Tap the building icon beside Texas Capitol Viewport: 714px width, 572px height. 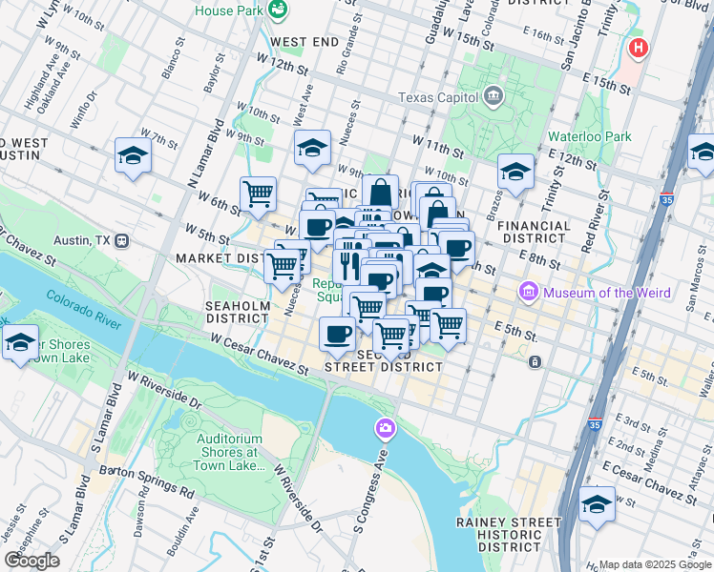point(493,94)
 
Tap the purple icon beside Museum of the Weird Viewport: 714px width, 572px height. point(527,290)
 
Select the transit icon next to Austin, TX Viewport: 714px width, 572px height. point(121,240)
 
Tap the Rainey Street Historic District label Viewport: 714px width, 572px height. point(508,534)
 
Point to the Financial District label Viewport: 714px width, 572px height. point(534,233)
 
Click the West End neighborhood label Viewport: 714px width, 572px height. point(304,42)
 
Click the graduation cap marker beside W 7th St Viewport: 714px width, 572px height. point(134,155)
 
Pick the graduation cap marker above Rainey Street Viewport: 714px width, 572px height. point(598,504)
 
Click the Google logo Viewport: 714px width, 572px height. point(32,560)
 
